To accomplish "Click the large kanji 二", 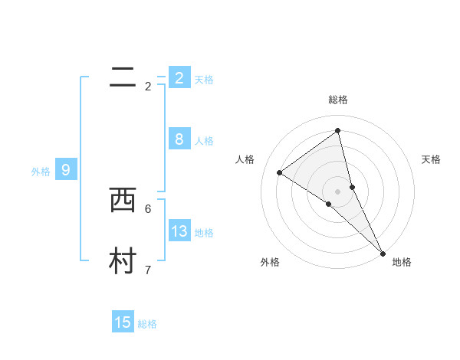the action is pyautogui.click(x=123, y=77).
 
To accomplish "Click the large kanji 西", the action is pyautogui.click(x=123, y=200).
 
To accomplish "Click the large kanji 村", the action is pyautogui.click(x=123, y=261).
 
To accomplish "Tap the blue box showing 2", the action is pyautogui.click(x=179, y=77).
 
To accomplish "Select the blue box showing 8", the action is pyautogui.click(x=179, y=139).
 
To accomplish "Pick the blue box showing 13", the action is pyautogui.click(x=179, y=231).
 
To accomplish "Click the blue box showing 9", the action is pyautogui.click(x=66, y=170).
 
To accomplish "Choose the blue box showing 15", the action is pyautogui.click(x=123, y=322).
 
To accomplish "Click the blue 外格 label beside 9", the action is pyautogui.click(x=41, y=172).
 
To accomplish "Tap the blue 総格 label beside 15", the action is pyautogui.click(x=147, y=324).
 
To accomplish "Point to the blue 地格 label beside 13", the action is pyautogui.click(x=204, y=233).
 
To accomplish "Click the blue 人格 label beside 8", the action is pyautogui.click(x=204, y=141).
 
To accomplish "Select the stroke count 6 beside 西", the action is pyautogui.click(x=148, y=208).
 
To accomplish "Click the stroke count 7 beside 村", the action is pyautogui.click(x=148, y=270).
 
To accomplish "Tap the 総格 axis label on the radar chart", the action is pyautogui.click(x=338, y=100).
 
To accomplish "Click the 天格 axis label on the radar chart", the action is pyautogui.click(x=431, y=159).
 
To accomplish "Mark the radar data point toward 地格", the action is pyautogui.click(x=383, y=253).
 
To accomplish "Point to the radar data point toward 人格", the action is pyautogui.click(x=279, y=172).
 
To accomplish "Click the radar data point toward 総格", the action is pyautogui.click(x=338, y=131).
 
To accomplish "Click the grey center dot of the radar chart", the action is pyautogui.click(x=338, y=191).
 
